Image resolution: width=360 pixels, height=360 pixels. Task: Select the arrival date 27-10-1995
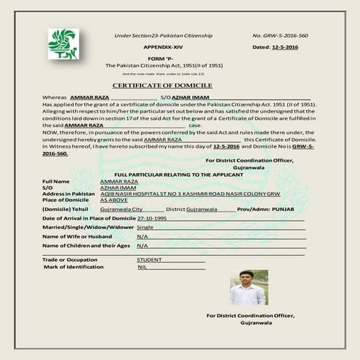(x=152, y=217)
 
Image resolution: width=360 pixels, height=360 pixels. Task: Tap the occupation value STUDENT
(x=150, y=259)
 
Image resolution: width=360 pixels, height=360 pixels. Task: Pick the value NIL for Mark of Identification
(x=142, y=267)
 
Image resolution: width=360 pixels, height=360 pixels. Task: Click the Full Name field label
(x=56, y=180)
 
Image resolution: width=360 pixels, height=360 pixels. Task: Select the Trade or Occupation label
(x=70, y=259)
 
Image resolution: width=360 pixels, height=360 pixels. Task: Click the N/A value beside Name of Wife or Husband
(x=142, y=236)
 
